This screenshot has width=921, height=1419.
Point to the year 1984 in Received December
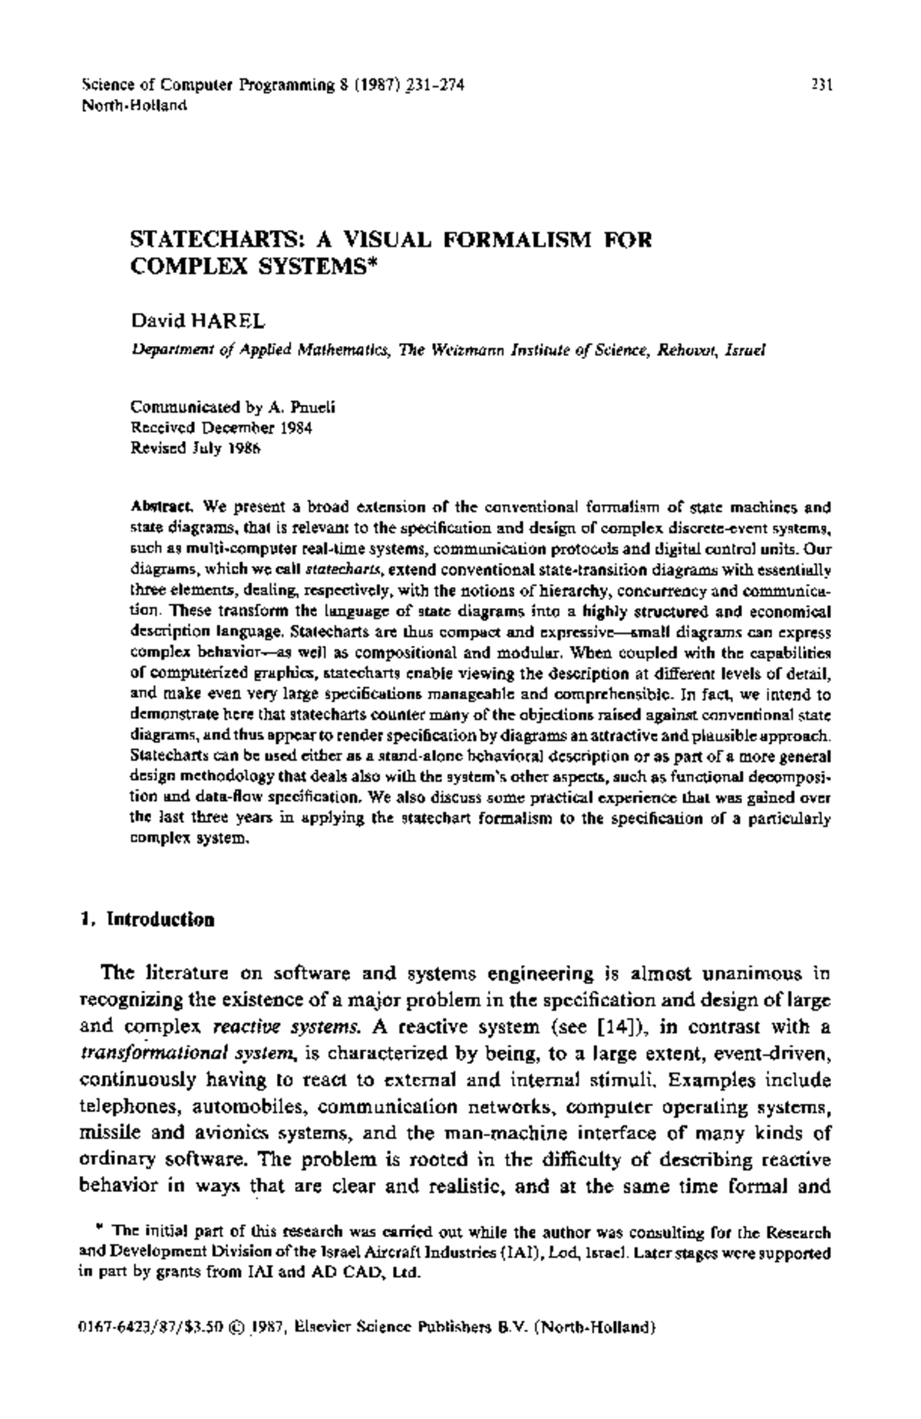295,428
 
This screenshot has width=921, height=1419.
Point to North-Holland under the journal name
134,105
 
